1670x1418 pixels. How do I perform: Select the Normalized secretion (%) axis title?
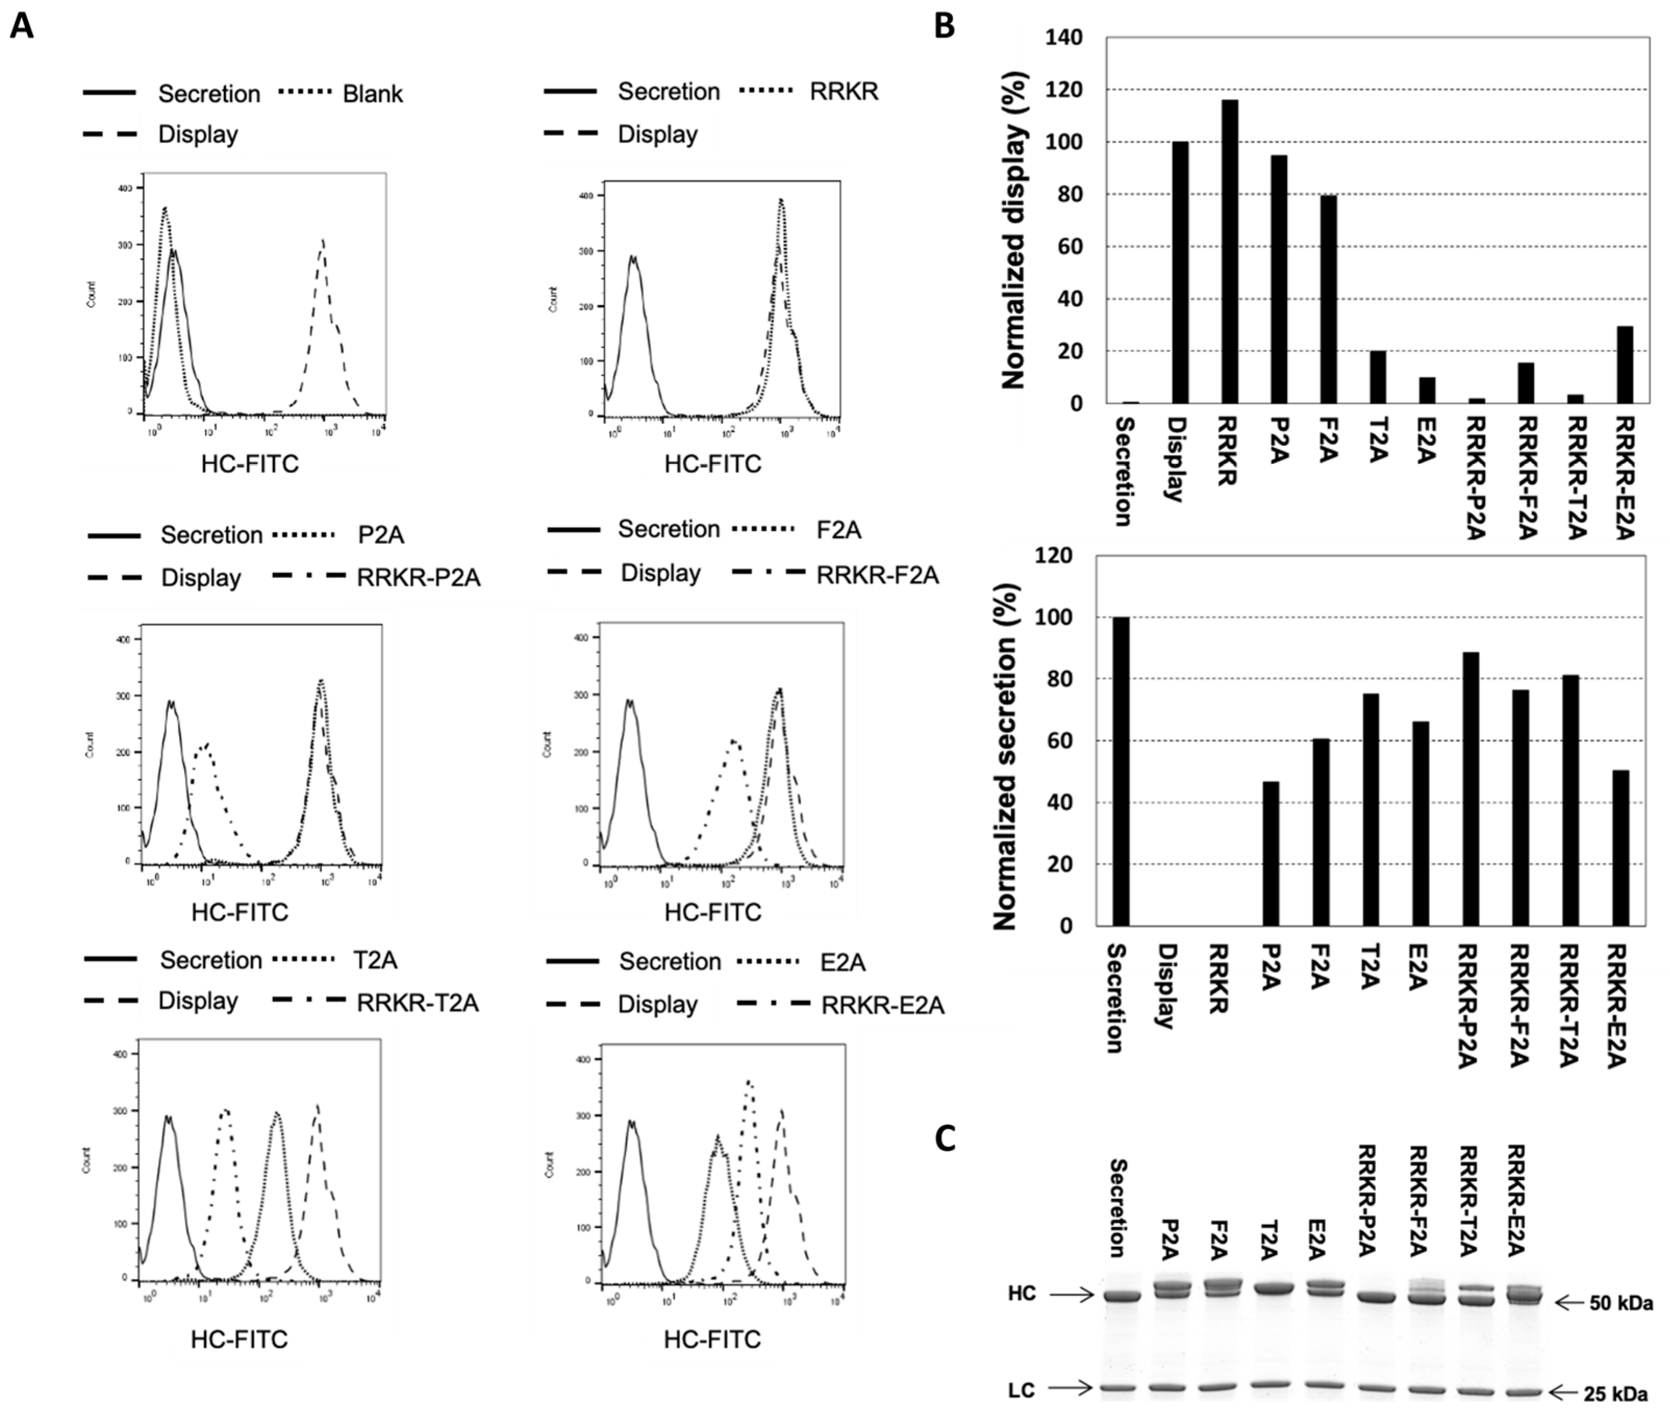(x=1006, y=756)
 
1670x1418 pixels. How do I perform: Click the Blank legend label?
(x=372, y=94)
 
